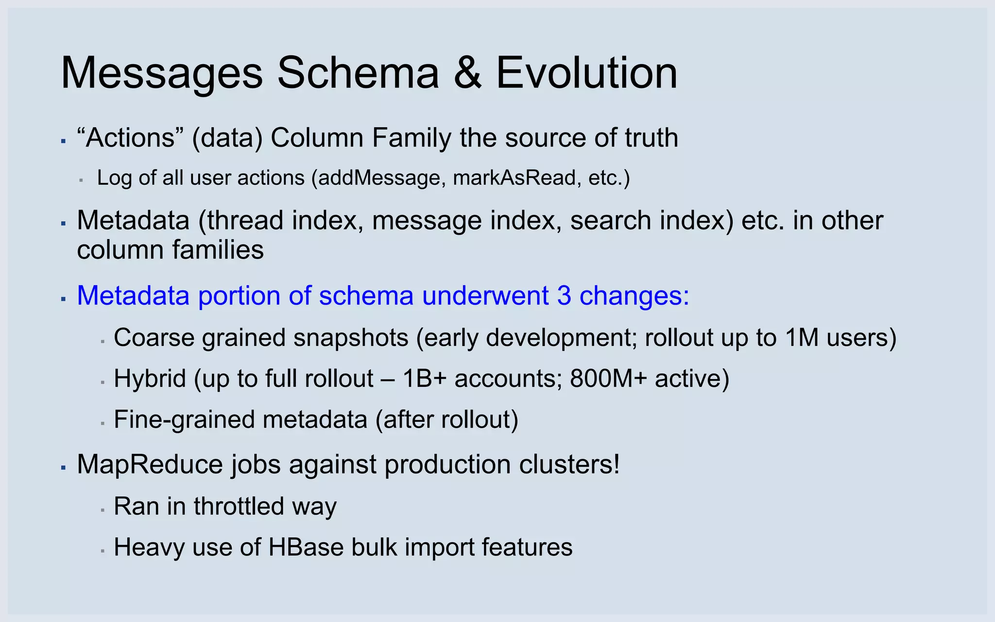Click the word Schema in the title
[358, 73]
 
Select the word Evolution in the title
[586, 73]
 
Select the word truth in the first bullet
[651, 138]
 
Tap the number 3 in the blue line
[564, 295]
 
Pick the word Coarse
[154, 337]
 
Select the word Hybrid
[150, 379]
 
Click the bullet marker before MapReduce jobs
[63, 467]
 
